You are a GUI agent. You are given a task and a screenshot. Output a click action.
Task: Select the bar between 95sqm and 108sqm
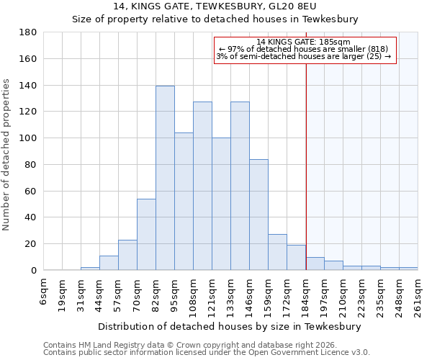click(x=184, y=201)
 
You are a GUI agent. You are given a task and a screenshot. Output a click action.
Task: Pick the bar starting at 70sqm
click(x=146, y=234)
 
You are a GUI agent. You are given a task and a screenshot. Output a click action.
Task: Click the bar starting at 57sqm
click(x=127, y=255)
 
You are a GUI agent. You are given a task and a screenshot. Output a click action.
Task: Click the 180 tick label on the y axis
click(x=28, y=32)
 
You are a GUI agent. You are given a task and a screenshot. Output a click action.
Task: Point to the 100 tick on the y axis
click(x=28, y=138)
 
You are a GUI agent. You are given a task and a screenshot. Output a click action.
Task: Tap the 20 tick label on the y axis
click(x=31, y=244)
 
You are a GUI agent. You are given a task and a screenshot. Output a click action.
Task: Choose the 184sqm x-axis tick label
click(x=305, y=295)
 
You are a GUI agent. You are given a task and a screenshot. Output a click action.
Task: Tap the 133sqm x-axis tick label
click(x=230, y=295)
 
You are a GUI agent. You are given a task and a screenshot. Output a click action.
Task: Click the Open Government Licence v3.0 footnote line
click(x=207, y=353)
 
